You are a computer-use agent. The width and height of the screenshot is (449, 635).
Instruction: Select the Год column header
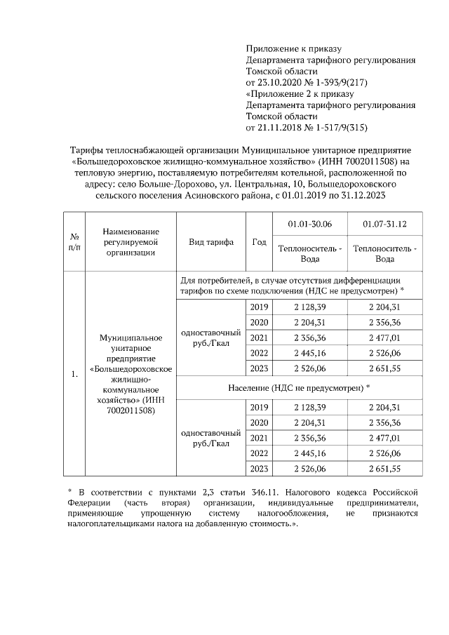(x=259, y=241)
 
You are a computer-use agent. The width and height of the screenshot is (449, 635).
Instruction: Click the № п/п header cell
(x=74, y=241)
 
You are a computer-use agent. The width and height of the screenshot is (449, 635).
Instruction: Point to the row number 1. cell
(x=74, y=373)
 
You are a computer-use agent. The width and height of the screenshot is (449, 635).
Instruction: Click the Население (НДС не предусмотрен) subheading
(x=299, y=387)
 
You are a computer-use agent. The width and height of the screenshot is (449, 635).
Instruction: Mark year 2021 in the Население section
(x=259, y=439)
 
